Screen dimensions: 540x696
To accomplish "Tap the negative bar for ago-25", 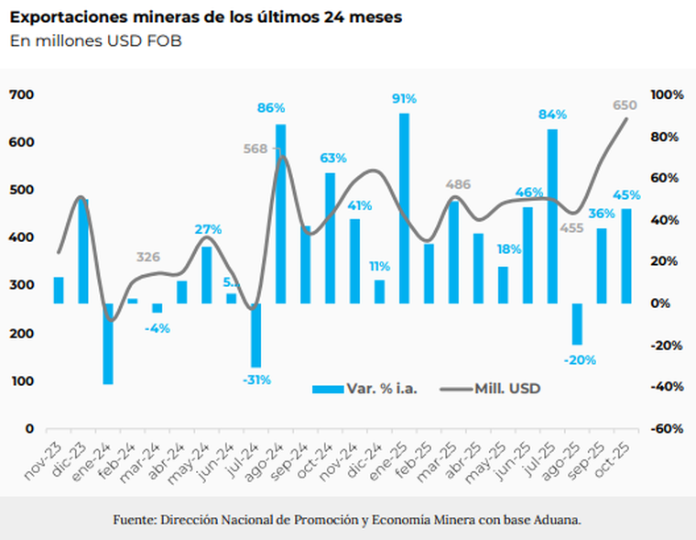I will click(577, 324).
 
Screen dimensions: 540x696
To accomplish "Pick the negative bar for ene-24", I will click(108, 344).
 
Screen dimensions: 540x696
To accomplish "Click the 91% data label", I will click(404, 99).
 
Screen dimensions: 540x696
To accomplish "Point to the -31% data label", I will click(256, 380).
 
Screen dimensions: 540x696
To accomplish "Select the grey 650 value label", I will click(625, 105).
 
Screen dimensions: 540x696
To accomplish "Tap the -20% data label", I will click(578, 359).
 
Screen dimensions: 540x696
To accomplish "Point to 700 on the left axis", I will click(22, 94).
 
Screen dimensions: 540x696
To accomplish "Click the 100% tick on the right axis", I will click(666, 94).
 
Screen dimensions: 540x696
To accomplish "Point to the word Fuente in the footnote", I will click(134, 520).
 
